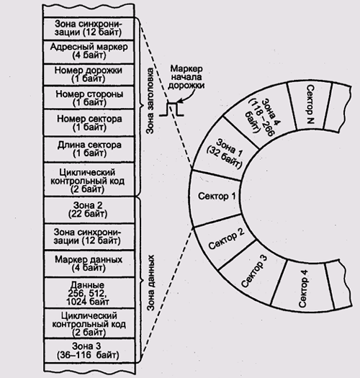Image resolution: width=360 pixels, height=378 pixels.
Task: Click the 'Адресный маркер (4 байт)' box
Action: (89, 52)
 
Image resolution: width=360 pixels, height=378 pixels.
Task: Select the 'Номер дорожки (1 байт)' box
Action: (89, 74)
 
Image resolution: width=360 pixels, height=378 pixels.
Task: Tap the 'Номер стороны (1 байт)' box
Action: (89, 97)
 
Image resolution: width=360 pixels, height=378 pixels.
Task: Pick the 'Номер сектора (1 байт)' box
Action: (89, 122)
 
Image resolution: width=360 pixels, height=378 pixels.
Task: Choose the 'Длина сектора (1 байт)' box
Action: (89, 150)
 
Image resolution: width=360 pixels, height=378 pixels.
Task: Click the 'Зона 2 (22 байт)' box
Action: (89, 210)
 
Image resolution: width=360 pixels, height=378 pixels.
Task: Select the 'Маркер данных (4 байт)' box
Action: (89, 264)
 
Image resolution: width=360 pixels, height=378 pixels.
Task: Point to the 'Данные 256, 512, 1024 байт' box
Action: (89, 292)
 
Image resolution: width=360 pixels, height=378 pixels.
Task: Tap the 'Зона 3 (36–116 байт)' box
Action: (89, 351)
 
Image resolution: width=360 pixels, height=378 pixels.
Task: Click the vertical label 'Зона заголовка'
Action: (150, 101)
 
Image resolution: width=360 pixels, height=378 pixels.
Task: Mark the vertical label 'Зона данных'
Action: (150, 283)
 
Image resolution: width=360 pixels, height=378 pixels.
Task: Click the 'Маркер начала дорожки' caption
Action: (186, 77)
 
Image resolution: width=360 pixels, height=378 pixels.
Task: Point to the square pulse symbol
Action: (171, 109)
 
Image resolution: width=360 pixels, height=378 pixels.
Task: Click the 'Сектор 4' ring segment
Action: (303, 287)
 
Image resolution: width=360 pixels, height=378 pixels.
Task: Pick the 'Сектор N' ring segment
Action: (310, 105)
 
